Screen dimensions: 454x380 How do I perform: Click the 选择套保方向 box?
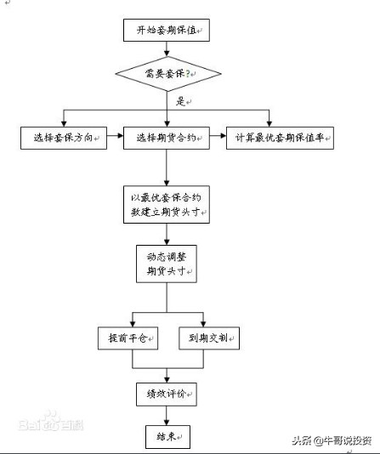[65, 139]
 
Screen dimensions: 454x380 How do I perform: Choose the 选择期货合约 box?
[166, 139]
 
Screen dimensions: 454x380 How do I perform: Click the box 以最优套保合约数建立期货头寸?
[166, 203]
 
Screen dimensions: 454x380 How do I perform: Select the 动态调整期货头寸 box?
[166, 264]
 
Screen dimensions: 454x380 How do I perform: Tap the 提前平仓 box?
[128, 338]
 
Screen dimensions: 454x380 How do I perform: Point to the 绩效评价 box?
[166, 393]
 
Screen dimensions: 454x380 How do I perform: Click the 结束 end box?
[166, 436]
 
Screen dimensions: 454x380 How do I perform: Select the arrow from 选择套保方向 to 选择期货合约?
[116, 139]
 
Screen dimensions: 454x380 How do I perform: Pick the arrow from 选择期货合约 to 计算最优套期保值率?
[217, 139]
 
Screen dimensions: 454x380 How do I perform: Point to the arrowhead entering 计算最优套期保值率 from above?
[270, 123]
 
